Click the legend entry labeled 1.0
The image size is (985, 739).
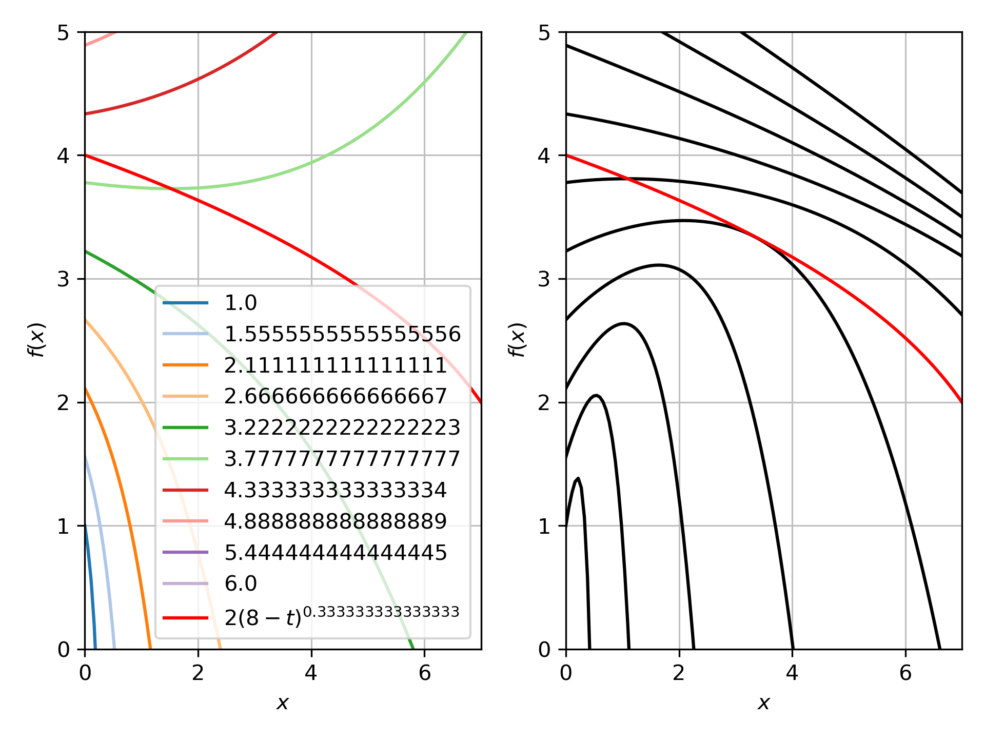coord(240,303)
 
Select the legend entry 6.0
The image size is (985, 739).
coord(240,584)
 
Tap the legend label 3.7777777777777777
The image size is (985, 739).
coord(342,459)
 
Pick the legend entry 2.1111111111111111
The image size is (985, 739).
coord(336,365)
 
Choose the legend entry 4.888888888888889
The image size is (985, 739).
coord(336,521)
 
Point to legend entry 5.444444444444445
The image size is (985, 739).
coord(336,553)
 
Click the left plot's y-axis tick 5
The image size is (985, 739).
coord(63,32)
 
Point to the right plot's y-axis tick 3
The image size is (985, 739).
coord(544,279)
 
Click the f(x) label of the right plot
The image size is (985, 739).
coord(517,340)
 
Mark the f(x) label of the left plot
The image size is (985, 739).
coord(36,340)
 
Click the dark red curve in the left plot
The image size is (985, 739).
coord(198,80)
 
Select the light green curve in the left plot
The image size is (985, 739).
coord(311,163)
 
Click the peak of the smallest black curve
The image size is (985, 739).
coord(578,478)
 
